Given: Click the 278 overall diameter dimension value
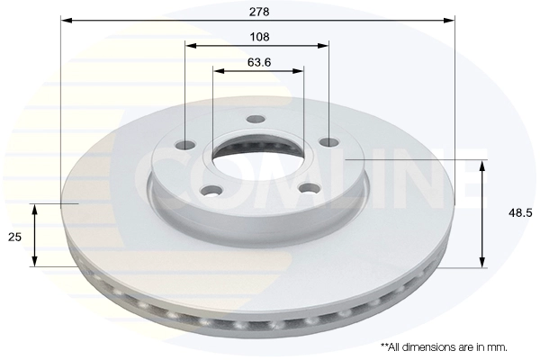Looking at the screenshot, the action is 259,12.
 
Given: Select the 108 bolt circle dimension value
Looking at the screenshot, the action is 259,37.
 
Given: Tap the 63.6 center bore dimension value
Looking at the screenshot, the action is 259,62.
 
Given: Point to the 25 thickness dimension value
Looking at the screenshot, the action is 14,237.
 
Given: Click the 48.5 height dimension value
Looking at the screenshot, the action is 520,213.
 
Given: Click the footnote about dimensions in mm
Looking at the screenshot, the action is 444,346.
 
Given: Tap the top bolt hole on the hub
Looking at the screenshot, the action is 256,119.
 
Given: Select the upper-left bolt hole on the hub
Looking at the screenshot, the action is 186,145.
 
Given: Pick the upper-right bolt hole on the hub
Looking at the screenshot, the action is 328,141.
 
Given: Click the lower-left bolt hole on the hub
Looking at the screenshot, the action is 211,191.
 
